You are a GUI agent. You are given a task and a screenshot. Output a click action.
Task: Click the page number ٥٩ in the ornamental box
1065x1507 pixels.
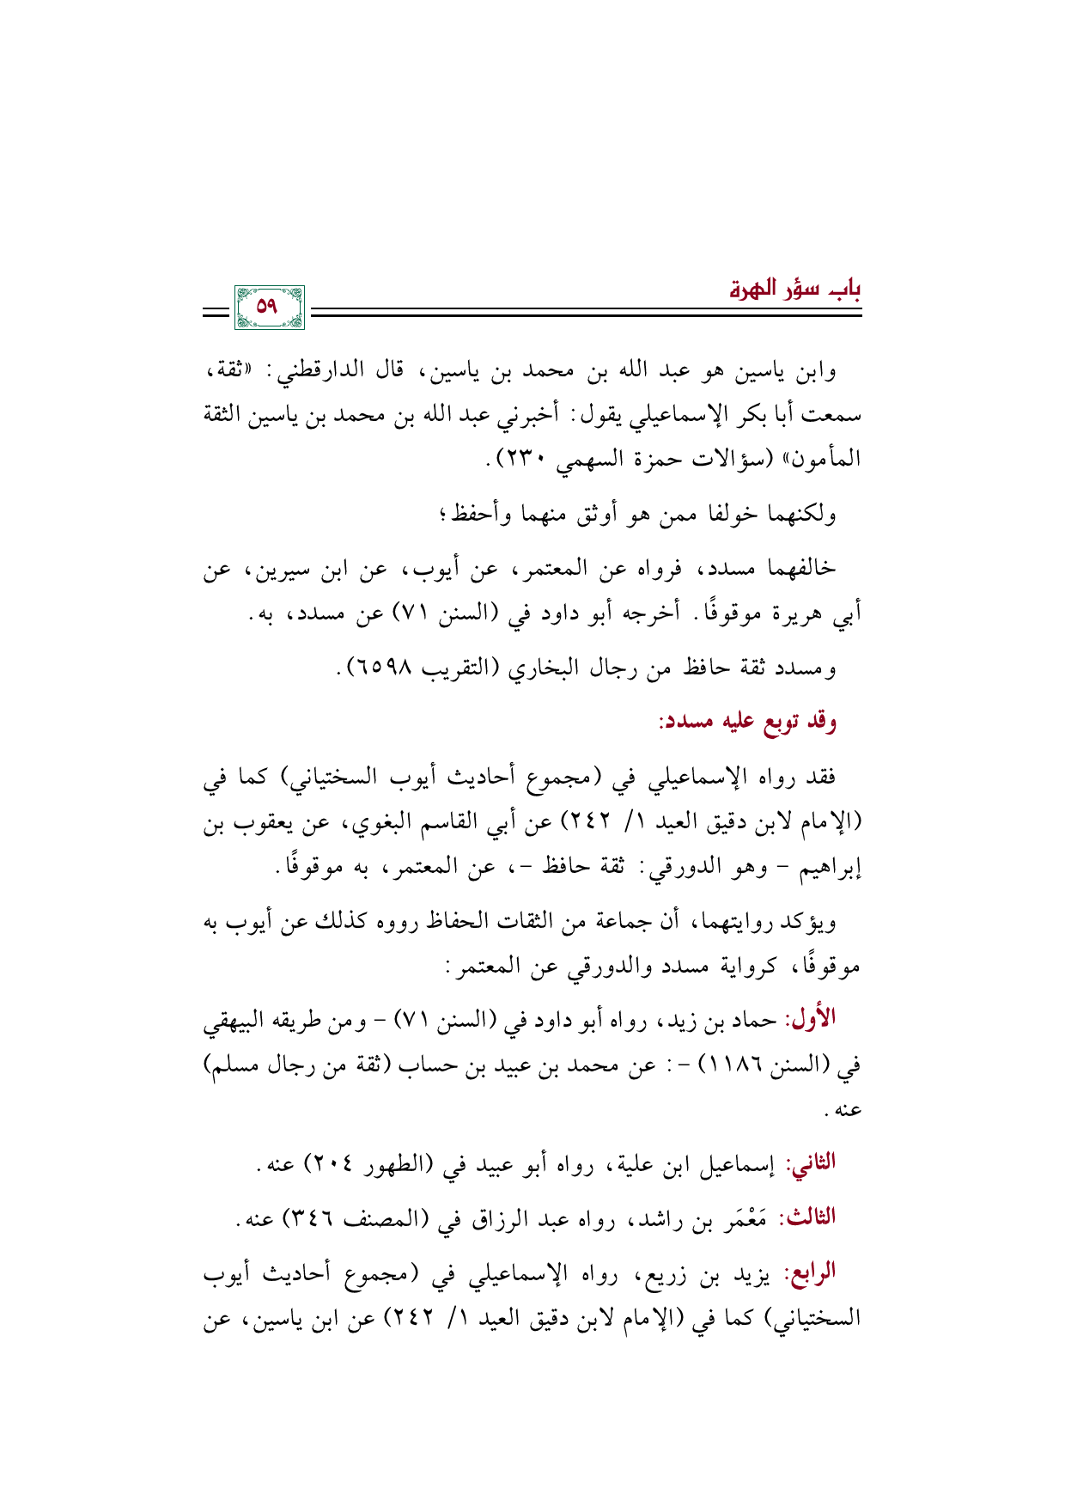pyautogui.click(x=269, y=307)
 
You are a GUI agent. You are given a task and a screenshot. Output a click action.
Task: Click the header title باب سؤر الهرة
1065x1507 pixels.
pyautogui.click(x=794, y=290)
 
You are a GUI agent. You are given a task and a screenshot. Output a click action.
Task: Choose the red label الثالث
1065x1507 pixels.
pyautogui.click(x=806, y=1217)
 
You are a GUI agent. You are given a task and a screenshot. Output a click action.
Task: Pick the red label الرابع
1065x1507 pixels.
pyautogui.click(x=810, y=1272)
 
